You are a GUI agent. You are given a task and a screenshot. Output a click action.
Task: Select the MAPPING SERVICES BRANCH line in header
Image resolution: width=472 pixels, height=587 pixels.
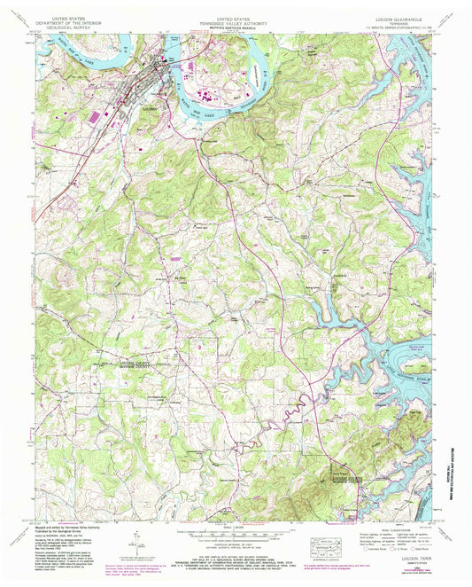tap(236, 27)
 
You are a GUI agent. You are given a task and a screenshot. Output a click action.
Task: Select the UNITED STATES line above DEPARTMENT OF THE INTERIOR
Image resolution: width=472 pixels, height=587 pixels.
tap(75, 15)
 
